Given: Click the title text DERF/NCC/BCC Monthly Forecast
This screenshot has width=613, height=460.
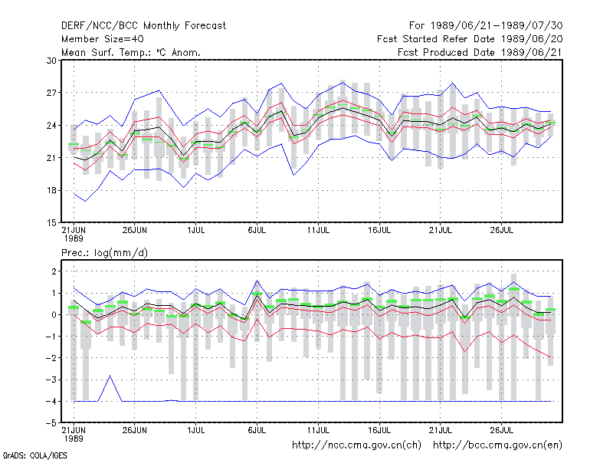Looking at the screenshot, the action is click(x=143, y=26).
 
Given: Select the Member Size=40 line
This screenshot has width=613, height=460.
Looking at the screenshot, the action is click(x=103, y=39).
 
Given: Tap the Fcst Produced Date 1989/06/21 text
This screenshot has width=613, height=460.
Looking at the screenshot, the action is click(x=480, y=52).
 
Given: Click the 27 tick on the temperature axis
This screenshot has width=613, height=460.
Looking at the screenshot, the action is click(x=51, y=93).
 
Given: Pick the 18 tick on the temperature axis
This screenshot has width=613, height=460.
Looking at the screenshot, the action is click(x=51, y=190).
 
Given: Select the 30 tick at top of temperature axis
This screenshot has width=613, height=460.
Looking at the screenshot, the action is click(x=51, y=61).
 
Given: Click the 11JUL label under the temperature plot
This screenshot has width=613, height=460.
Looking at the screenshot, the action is click(x=318, y=230).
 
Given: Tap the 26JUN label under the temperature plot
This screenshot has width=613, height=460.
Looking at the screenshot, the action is click(x=135, y=230).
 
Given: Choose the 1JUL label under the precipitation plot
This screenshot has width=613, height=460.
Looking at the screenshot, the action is click(x=196, y=430).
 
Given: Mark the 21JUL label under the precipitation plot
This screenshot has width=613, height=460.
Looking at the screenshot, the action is click(x=441, y=430).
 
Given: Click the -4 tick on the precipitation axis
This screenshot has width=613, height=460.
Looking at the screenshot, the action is click(x=51, y=401).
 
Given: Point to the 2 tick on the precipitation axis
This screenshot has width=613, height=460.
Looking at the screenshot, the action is click(x=54, y=271).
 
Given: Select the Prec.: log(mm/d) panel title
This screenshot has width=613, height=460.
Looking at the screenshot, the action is click(x=104, y=253).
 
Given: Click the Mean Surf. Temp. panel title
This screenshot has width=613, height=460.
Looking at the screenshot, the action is click(x=131, y=52).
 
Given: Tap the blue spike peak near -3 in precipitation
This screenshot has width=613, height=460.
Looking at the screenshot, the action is click(x=110, y=376).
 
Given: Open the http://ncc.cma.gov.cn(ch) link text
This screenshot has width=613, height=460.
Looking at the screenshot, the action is click(x=356, y=445).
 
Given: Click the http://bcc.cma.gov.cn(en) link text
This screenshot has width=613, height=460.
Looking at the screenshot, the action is click(x=497, y=445).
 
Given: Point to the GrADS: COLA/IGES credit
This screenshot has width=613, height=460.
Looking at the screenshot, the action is click(x=34, y=455).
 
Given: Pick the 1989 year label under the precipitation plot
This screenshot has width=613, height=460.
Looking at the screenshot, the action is click(x=74, y=439).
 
